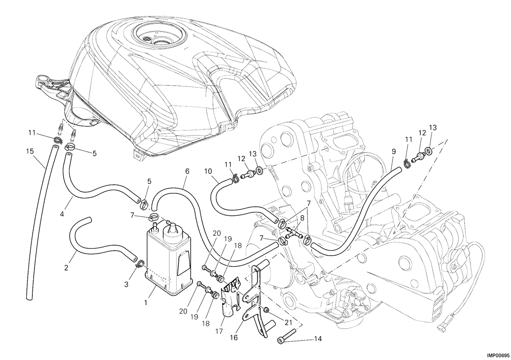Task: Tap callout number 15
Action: [30, 151]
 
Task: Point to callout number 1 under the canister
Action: [145, 303]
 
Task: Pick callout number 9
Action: [394, 151]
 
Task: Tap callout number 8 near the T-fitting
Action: [302, 218]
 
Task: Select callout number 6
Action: [187, 171]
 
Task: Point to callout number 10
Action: [208, 171]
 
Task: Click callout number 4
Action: [62, 214]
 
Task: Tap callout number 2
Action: [66, 268]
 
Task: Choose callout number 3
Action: [126, 284]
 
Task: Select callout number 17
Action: [219, 331]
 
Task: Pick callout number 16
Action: [234, 337]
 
